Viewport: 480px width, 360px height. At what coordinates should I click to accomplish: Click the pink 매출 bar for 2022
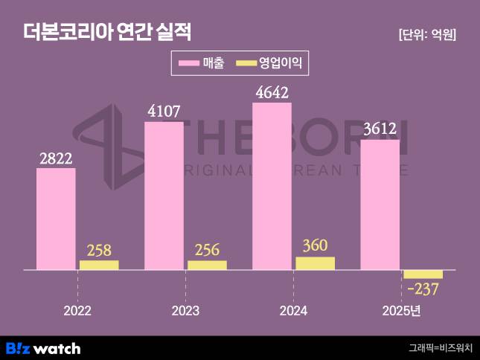click(x=56, y=219)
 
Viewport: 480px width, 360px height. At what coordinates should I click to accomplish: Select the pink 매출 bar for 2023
click(x=164, y=196)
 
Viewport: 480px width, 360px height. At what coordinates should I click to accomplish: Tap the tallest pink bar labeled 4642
click(x=272, y=186)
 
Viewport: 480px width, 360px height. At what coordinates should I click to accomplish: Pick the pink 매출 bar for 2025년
click(x=380, y=205)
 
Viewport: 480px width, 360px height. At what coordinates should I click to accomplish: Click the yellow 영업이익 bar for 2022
click(x=99, y=265)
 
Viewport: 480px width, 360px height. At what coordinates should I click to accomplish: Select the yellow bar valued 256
click(x=207, y=265)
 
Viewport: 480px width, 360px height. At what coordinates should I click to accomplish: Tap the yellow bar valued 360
click(x=315, y=263)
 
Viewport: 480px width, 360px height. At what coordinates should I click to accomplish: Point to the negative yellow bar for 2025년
click(x=423, y=274)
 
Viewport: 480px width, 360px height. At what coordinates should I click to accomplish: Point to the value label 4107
click(x=164, y=112)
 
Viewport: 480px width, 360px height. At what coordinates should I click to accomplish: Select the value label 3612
click(x=380, y=129)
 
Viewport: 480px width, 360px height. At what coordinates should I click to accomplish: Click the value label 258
click(x=99, y=249)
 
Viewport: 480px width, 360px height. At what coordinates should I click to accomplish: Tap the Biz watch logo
click(x=43, y=347)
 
